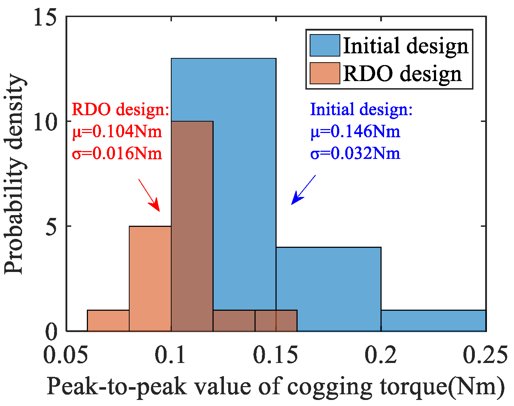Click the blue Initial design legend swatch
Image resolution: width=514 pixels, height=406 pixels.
325,45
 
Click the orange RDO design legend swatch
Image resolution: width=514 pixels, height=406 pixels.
325,74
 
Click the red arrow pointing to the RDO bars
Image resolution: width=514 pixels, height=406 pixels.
149,195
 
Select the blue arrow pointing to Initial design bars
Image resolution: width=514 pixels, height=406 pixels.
303,190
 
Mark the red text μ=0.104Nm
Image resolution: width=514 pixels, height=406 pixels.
117,132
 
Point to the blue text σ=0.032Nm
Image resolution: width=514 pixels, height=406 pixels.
355,154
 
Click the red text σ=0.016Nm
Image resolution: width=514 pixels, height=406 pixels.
117,154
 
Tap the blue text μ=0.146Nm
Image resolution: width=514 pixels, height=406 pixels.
355,132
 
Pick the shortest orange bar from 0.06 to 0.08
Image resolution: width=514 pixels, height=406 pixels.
108,321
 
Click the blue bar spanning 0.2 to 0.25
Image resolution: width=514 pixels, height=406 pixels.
433,321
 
